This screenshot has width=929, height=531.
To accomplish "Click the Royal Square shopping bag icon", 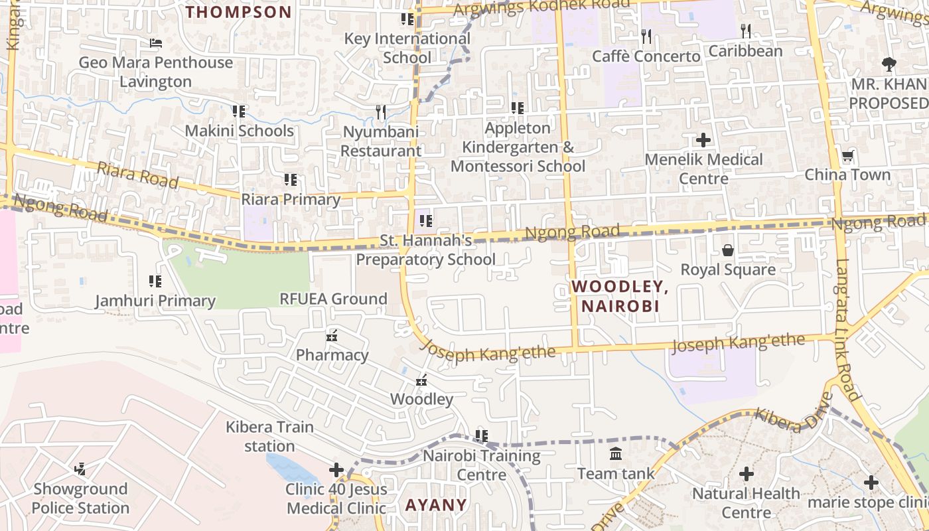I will point(728,250).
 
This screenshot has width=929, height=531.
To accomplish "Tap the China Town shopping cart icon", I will point(847,157).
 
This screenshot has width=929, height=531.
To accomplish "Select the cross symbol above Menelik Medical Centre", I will point(703,140).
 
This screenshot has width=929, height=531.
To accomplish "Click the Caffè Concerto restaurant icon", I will point(646,36).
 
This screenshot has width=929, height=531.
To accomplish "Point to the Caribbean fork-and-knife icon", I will point(746,31).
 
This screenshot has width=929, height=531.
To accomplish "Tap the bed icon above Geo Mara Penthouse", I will point(156,43).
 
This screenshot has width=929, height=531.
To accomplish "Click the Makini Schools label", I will point(239,131).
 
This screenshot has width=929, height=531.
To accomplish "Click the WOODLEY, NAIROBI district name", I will point(620,296).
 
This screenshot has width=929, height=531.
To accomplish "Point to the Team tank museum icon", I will point(616,454).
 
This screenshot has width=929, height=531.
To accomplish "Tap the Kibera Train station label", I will point(269,436).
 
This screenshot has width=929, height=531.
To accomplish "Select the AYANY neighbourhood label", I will point(436,504).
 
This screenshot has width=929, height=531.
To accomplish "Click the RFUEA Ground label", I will point(333,299).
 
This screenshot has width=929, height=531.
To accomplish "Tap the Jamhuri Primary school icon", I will point(155,281).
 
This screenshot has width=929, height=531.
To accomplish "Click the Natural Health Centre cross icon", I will point(747,474).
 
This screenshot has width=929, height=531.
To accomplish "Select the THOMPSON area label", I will point(238,12).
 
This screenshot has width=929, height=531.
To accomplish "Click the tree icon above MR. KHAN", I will point(889,64).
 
